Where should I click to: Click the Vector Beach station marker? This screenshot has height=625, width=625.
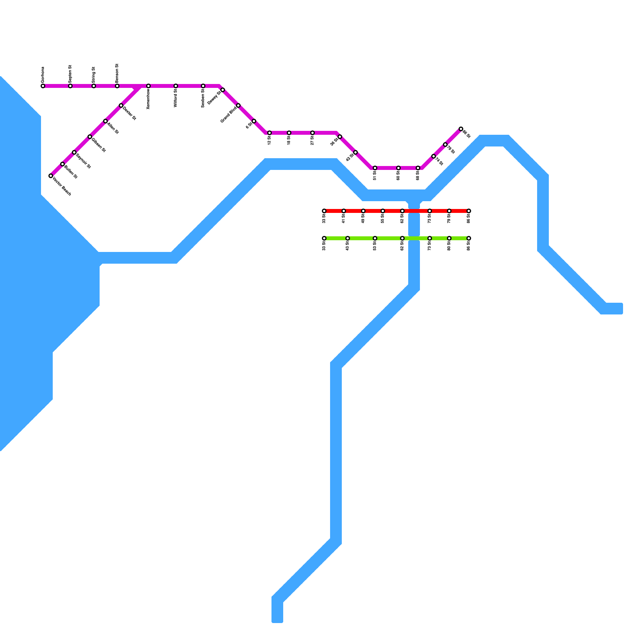(x=51, y=176)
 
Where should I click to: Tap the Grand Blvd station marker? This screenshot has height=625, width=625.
(x=238, y=105)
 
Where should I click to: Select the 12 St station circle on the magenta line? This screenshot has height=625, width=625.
(x=270, y=133)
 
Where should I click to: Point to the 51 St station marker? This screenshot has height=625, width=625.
(x=375, y=168)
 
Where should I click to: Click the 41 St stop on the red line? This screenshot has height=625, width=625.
(x=344, y=211)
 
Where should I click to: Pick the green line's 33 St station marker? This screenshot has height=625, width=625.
(x=324, y=238)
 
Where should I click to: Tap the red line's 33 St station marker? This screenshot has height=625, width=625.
(x=324, y=211)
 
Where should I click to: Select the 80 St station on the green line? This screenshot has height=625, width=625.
(x=449, y=238)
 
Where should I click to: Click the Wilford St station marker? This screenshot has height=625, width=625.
(x=176, y=86)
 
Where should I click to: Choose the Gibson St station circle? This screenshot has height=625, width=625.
(x=90, y=137)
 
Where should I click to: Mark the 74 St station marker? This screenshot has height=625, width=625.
(x=434, y=156)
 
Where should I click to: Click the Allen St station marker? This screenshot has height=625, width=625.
(x=105, y=121)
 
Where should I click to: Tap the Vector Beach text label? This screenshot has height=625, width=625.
(x=62, y=187)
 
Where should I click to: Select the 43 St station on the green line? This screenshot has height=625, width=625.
(x=348, y=238)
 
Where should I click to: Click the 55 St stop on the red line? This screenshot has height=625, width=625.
(x=383, y=211)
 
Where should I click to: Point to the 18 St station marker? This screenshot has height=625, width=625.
(x=289, y=133)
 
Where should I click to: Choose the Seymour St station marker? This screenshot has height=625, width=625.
(x=74, y=152)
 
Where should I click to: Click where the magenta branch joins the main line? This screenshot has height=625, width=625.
(x=139, y=87)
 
